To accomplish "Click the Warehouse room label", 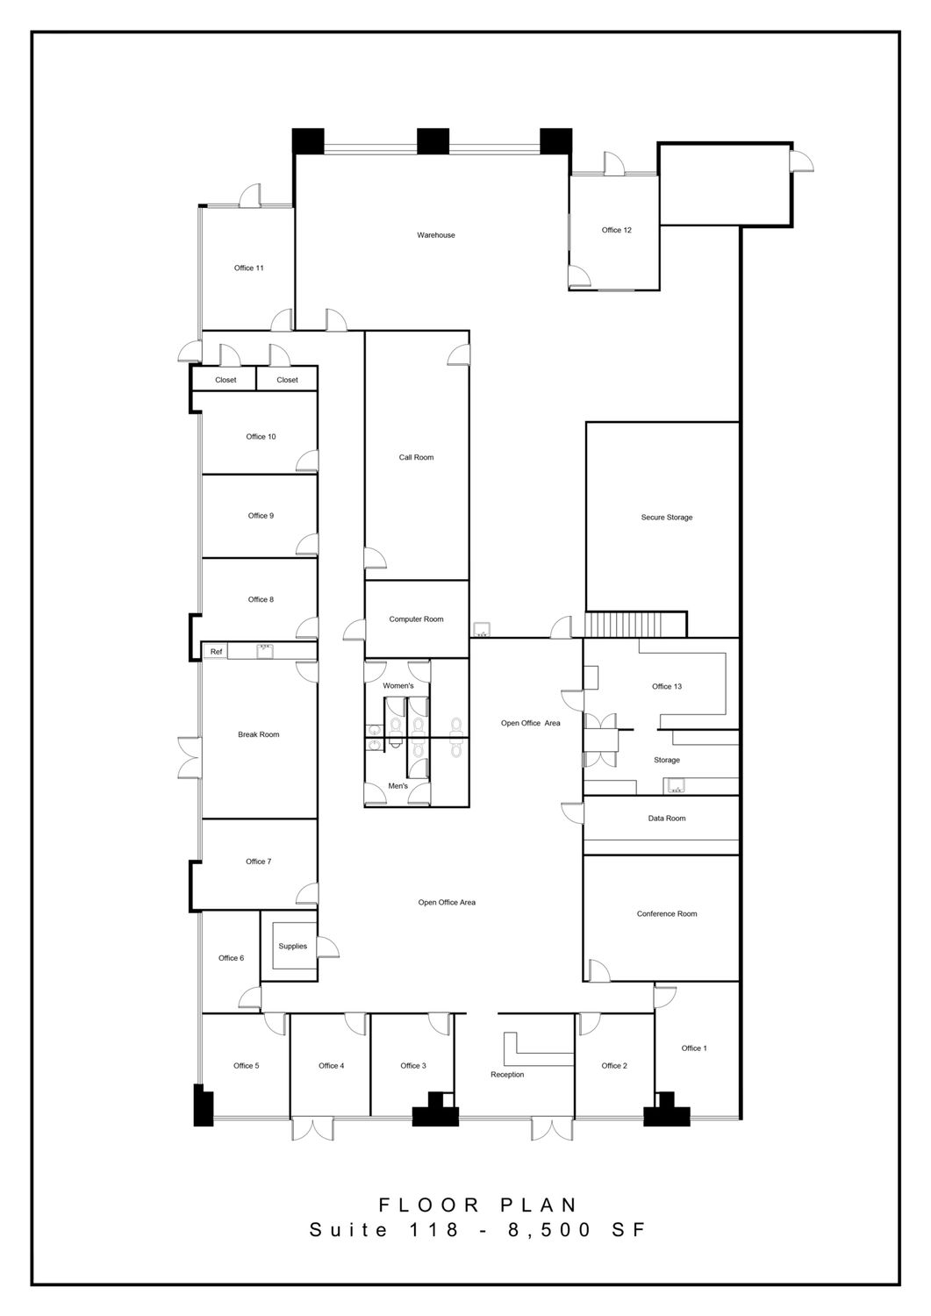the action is point(435,235).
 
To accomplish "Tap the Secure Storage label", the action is point(667,517).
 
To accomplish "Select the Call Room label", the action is point(416,457).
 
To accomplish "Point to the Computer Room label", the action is point(416,619).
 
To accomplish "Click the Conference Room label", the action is point(667,913).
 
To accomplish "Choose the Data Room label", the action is point(667,818).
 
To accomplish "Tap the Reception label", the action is point(507,1075).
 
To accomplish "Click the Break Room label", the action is point(259,734).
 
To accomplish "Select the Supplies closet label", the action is point(293,946).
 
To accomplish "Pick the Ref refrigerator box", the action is point(216,652).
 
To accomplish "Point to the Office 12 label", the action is point(617,230).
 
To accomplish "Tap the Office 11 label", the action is point(248,268).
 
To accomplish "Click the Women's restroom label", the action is point(397,685).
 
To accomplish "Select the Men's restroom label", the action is point(397,785).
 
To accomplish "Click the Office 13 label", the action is point(667,686).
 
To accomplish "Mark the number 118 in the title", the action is point(433,1229).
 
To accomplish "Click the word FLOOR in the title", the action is point(429,1205).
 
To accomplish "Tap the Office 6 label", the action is point(231,958).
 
